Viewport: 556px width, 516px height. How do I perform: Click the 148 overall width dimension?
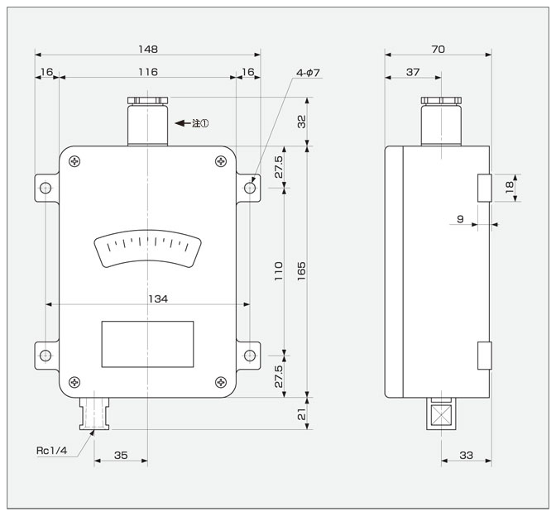[148, 49]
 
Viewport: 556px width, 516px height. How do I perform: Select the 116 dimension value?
[147, 72]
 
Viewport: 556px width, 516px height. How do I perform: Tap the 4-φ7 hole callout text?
[308, 73]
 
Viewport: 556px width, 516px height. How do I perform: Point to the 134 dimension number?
[158, 299]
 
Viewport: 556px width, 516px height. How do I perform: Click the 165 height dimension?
[301, 271]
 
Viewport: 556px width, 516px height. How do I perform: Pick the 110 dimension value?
[279, 271]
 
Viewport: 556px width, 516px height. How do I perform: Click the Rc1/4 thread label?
[52, 451]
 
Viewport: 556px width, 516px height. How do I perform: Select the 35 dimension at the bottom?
[121, 455]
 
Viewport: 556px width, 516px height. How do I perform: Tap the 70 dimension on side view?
[438, 49]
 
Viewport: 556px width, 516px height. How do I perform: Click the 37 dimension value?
[413, 72]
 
